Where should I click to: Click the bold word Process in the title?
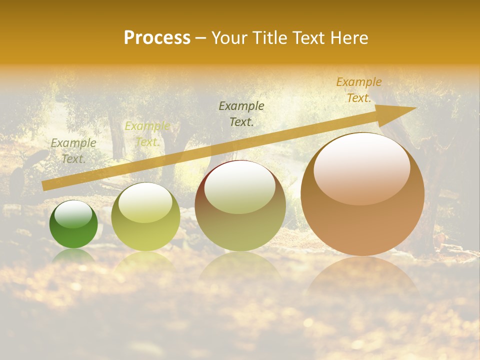157,38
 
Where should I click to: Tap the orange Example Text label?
358,90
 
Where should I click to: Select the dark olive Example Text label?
241,114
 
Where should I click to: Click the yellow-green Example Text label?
147,134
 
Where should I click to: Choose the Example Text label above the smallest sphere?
73,150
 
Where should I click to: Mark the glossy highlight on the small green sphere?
73,214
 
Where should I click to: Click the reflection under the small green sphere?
73,256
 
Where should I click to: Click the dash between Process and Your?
200,38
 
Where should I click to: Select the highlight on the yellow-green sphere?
145,202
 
